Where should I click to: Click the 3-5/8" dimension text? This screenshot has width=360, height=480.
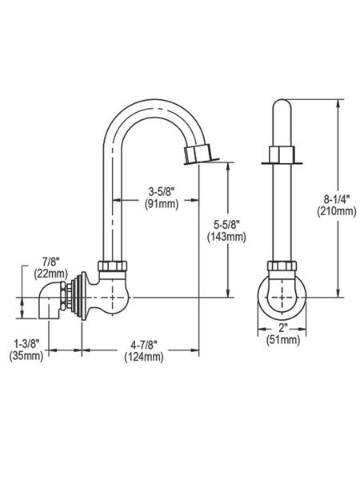point(162,192)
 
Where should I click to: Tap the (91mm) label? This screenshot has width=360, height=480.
point(162,203)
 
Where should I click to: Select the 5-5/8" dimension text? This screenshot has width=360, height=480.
point(226,226)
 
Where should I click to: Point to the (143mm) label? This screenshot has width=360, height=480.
point(226,237)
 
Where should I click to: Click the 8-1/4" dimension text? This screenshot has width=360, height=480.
point(337,199)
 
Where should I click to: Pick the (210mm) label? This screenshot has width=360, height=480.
point(337,211)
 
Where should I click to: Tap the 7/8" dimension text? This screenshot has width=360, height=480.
point(51,262)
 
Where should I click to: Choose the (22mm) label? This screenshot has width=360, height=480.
point(51,273)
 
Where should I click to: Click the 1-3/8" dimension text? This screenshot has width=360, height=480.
point(26,343)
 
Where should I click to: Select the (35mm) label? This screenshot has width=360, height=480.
point(26,355)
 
